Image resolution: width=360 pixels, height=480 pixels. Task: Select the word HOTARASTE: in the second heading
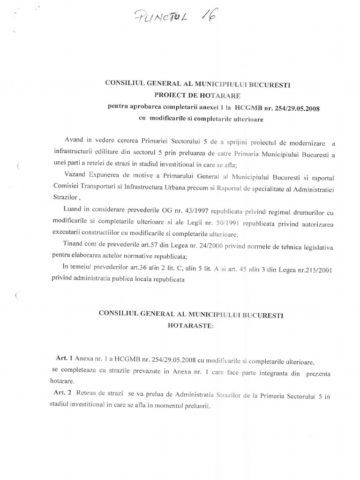point(191,323)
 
